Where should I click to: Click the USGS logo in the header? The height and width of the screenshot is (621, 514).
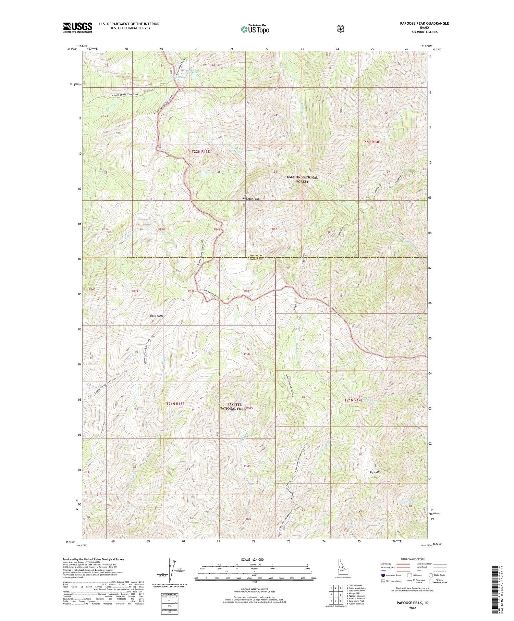[78, 27]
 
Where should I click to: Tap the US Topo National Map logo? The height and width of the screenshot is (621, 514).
[255, 29]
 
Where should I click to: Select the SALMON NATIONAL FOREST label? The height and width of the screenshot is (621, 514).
[302, 179]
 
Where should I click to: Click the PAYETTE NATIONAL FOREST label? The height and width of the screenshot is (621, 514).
[233, 406]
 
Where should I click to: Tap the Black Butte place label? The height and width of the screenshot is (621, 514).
[156, 316]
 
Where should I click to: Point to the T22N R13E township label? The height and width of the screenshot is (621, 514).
[200, 151]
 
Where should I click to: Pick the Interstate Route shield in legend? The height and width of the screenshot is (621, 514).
[383, 575]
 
